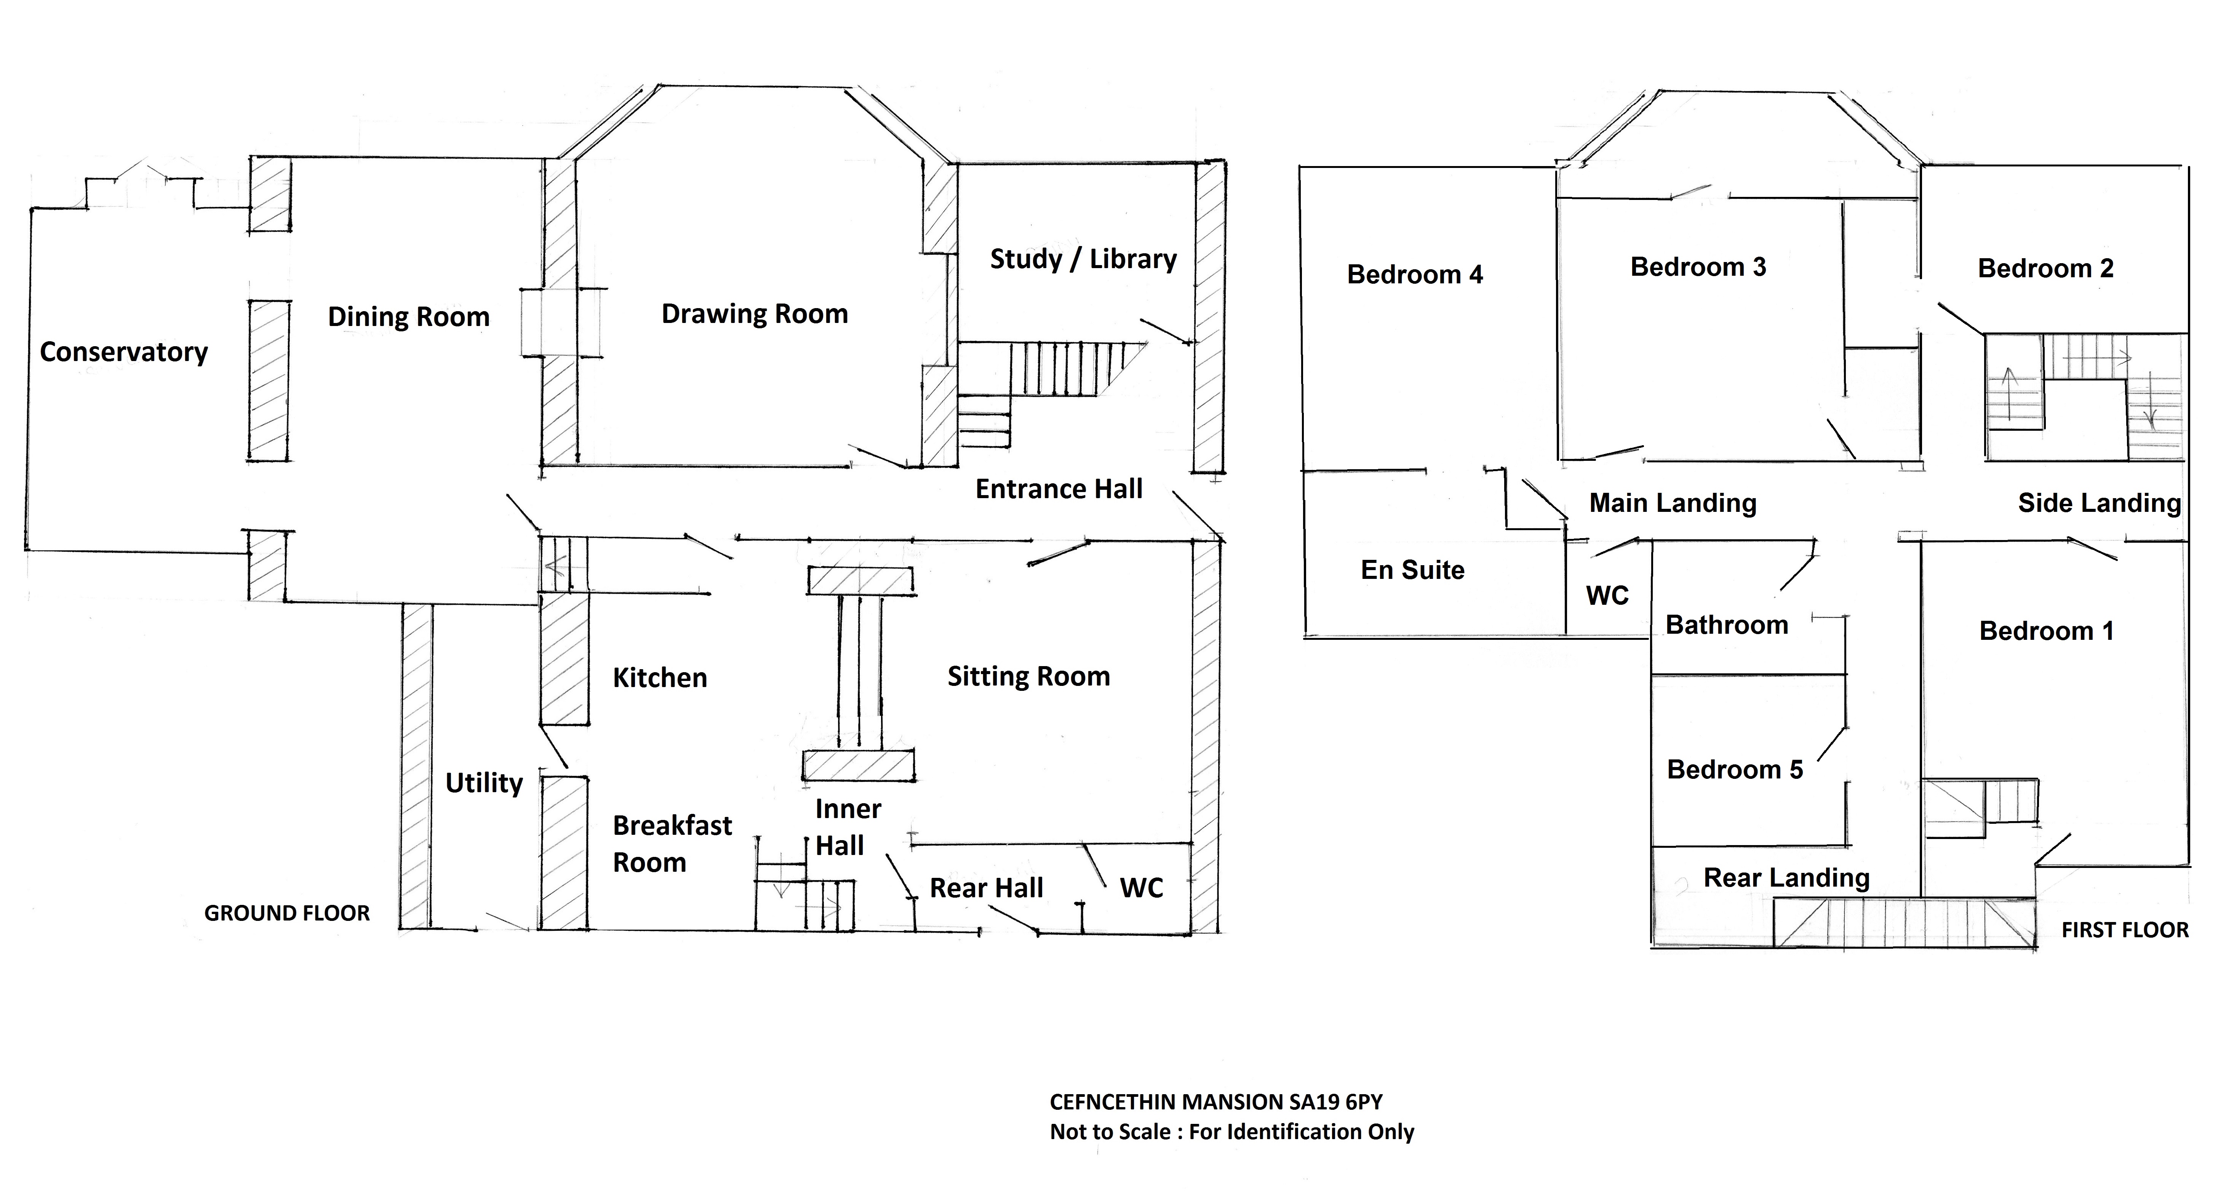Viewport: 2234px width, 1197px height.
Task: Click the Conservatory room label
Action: point(124,352)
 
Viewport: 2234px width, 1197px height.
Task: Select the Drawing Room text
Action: point(755,314)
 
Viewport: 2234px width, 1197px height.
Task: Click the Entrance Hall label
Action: point(1059,489)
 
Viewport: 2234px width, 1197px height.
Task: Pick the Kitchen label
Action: point(660,678)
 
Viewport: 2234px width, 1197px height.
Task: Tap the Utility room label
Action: point(484,783)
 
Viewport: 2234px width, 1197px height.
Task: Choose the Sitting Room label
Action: point(1028,676)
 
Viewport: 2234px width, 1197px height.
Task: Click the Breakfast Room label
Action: point(672,844)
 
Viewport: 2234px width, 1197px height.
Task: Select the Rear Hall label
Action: point(986,888)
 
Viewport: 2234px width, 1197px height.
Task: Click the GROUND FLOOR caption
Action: point(287,913)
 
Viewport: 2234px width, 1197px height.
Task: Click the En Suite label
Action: point(1413,570)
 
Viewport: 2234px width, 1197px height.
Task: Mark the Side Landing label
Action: point(2099,503)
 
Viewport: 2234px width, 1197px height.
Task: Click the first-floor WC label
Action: point(1607,596)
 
